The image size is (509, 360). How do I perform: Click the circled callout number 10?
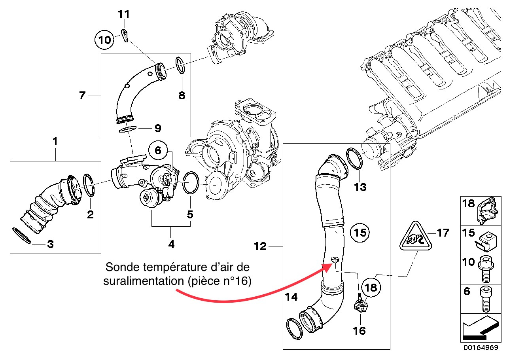[x=105, y=40]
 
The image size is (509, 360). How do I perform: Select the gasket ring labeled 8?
[x=180, y=65]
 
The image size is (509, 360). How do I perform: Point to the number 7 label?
[x=82, y=95]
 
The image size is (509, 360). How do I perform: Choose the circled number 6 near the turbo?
[x=158, y=150]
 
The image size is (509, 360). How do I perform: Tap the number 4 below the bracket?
[x=171, y=244]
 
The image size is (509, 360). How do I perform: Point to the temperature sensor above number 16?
[x=360, y=306]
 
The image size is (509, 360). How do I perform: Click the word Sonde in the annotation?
[x=121, y=267]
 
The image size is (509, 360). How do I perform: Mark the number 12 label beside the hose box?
[x=261, y=246]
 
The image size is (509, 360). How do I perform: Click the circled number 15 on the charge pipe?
[x=360, y=232]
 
